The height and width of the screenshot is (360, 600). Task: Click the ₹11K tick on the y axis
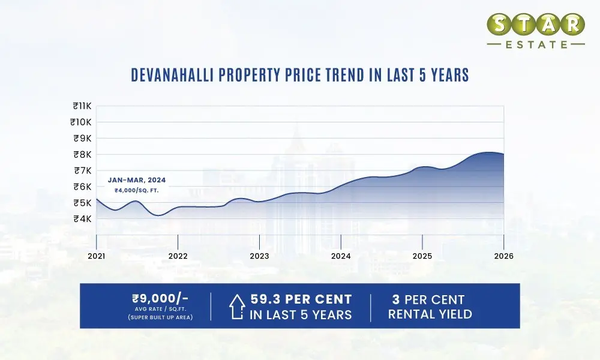pyautogui.click(x=81, y=106)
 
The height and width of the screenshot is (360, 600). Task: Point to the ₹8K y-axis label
pyautogui.click(x=82, y=154)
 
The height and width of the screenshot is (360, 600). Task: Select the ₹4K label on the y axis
pyautogui.click(x=82, y=218)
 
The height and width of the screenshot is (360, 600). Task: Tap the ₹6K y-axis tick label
pyautogui.click(x=82, y=187)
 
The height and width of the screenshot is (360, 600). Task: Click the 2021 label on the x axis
pyautogui.click(x=97, y=256)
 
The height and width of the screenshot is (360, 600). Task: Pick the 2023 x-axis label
pyautogui.click(x=259, y=256)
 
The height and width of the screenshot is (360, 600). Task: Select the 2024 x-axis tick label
pyautogui.click(x=341, y=256)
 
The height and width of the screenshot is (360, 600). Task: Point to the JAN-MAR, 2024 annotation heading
pyautogui.click(x=137, y=179)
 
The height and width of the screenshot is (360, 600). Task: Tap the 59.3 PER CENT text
pyautogui.click(x=301, y=299)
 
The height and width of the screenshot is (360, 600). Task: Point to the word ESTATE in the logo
pyautogui.click(x=536, y=44)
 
